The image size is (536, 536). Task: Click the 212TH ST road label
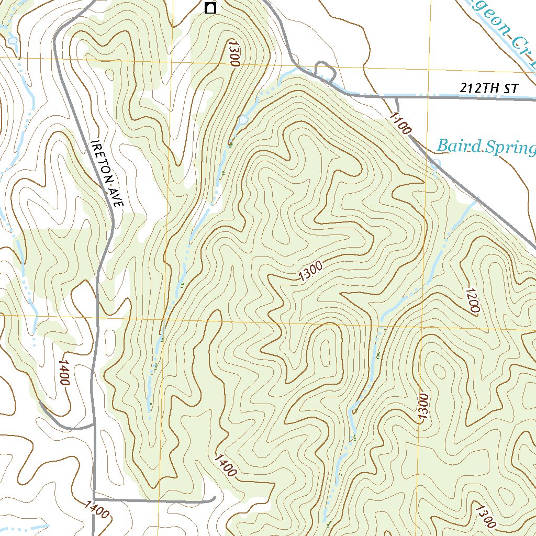pyautogui.click(x=489, y=88)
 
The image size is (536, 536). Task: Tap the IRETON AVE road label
pyautogui.click(x=107, y=175)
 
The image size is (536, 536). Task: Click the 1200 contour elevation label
pyautogui.click(x=472, y=300)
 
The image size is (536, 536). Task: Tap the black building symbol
pyautogui.click(x=210, y=8)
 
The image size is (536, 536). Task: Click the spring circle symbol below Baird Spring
pyautogui.click(x=436, y=163)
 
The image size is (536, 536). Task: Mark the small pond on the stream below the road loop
pyautogui.click(x=242, y=120)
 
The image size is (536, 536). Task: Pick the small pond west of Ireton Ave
pyautogui.click(x=12, y=40)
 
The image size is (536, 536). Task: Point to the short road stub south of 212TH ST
pyautogui.click(x=397, y=103)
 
